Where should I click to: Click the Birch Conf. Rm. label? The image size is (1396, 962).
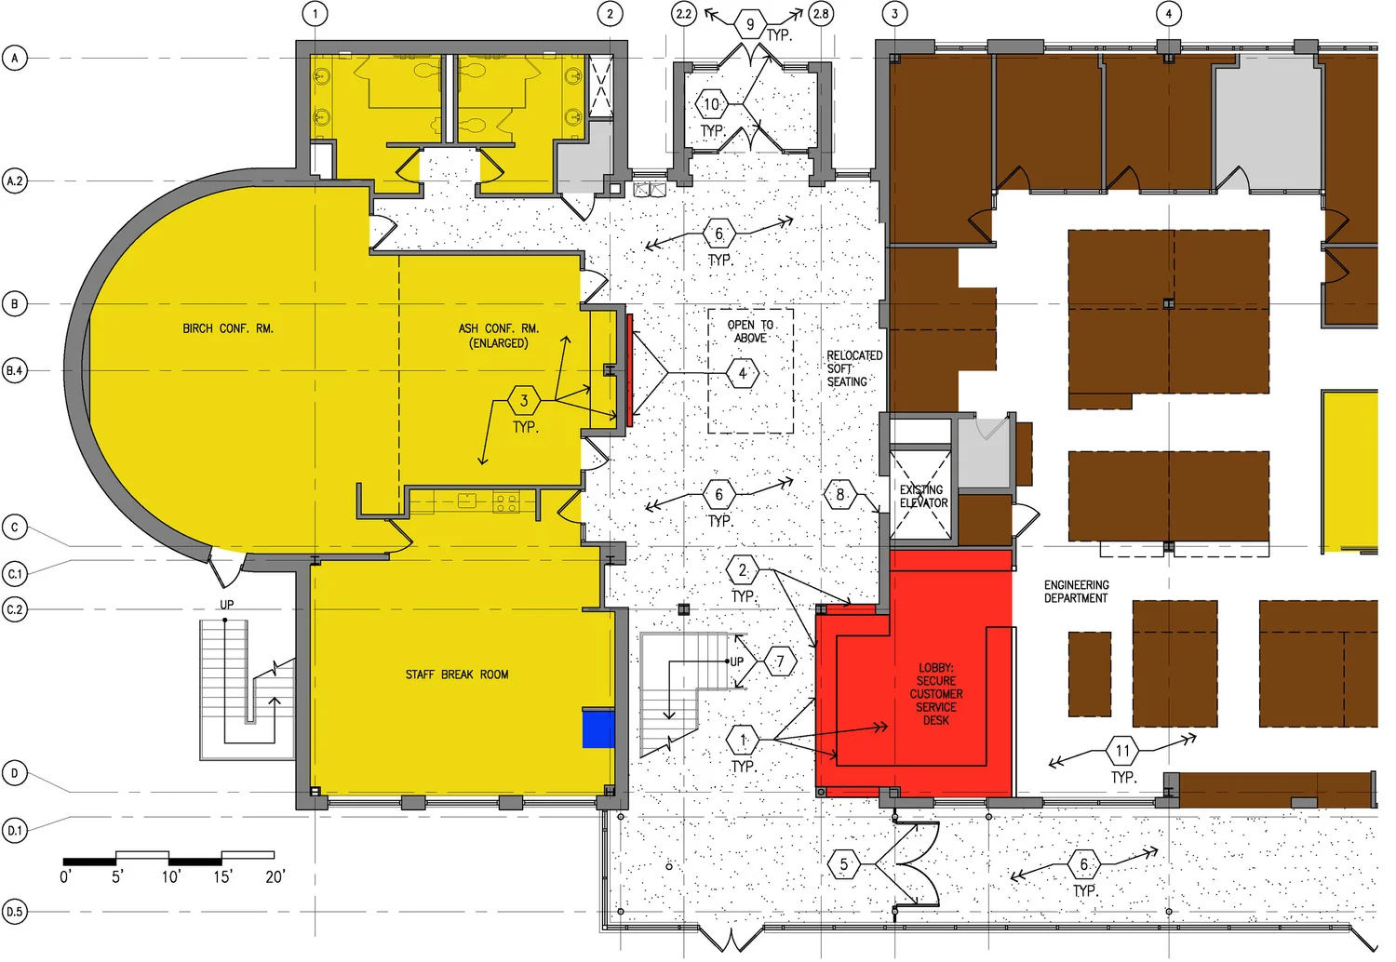coord(228,328)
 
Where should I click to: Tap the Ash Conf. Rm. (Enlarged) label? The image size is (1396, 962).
coord(499,336)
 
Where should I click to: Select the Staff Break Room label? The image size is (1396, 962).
coord(457,675)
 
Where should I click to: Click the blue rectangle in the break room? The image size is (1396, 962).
coord(598,728)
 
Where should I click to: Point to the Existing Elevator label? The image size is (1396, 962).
coord(923,497)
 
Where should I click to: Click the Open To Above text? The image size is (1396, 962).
coord(750,331)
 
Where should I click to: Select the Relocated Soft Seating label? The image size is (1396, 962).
coord(854,368)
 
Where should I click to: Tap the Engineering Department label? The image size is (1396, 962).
coord(1076,592)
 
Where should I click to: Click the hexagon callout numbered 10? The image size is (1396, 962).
coord(711,104)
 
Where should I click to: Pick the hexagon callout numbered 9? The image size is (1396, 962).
coord(750,24)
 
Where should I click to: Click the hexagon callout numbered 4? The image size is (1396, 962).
coord(743,374)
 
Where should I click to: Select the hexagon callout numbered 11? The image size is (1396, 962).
coord(1122,751)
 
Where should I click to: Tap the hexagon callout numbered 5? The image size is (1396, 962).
coord(844,864)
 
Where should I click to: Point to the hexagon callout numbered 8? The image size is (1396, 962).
coord(840,495)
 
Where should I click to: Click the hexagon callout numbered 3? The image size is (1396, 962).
coord(524,401)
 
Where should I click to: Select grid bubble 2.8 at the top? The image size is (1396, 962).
coord(821,14)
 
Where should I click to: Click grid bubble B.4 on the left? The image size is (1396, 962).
coord(15,370)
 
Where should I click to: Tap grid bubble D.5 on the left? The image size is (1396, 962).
coord(15,912)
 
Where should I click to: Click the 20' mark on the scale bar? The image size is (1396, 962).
coord(275,876)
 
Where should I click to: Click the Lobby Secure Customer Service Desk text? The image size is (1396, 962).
coord(936,694)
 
